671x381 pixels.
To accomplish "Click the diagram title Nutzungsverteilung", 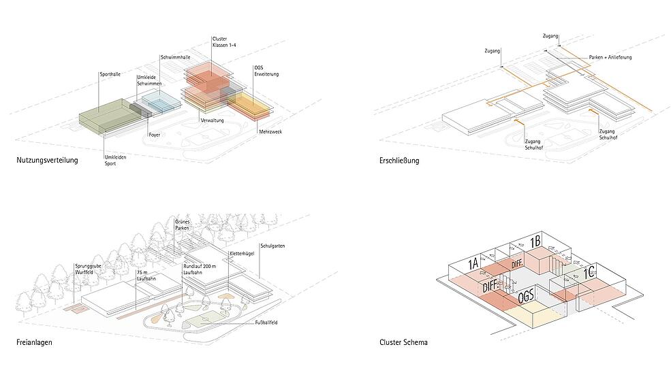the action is click(47, 161).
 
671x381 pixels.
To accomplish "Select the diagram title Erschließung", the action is click(399, 161).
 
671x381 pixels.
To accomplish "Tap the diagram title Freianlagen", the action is click(34, 342).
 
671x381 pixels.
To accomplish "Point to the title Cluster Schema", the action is click(403, 342).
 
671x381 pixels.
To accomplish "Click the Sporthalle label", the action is click(110, 74).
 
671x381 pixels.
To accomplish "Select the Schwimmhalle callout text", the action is click(176, 57).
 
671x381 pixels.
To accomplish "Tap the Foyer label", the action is click(155, 135).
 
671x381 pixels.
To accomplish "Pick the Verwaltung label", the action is click(213, 120).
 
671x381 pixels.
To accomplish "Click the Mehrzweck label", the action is click(270, 132).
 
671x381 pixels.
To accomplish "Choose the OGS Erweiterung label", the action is click(266, 71).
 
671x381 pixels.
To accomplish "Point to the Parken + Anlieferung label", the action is click(610, 57).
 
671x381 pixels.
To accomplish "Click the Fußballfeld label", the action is click(266, 322).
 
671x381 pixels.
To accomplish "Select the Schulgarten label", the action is click(272, 246).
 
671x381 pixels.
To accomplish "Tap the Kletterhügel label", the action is click(243, 254).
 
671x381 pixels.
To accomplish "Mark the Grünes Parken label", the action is click(182, 225).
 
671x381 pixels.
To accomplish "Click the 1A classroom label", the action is click(473, 263).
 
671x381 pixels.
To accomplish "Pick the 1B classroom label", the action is click(535, 242).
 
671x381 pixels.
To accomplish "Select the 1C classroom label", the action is click(589, 272).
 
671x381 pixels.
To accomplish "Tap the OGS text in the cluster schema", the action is click(526, 296).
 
